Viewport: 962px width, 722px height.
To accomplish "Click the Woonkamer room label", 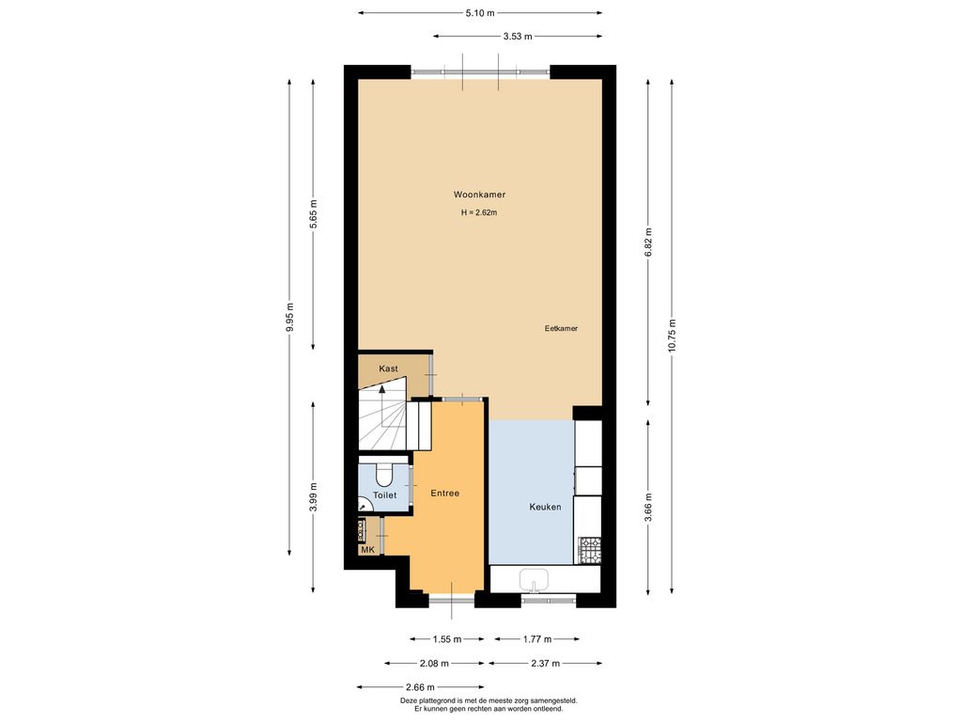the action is tap(479, 195).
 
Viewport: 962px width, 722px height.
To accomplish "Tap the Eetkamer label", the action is tap(561, 328).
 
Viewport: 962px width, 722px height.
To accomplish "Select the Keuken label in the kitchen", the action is tap(545, 507).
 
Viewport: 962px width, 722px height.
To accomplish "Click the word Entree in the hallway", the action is tap(444, 493).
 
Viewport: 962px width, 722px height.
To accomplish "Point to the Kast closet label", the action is tap(388, 369).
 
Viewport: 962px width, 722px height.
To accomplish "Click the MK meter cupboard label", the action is tap(367, 549).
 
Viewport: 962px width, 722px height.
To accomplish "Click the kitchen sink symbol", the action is tap(534, 580).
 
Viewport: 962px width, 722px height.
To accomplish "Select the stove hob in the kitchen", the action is tap(590, 550).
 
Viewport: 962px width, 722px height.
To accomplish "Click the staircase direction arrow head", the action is tap(382, 388).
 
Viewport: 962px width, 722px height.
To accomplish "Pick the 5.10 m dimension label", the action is tap(480, 12).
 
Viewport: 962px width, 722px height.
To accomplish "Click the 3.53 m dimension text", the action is tap(518, 37).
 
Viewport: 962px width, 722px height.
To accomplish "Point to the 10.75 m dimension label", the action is tap(672, 336).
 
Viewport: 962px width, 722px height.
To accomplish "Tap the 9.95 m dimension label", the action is tap(290, 318).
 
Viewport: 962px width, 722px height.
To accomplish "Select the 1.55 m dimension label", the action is tap(446, 639).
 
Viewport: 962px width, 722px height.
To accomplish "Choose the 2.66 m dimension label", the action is tap(420, 687).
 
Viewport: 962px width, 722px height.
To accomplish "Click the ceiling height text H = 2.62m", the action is tap(479, 213).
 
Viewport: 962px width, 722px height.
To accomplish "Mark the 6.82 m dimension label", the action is tap(648, 243).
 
